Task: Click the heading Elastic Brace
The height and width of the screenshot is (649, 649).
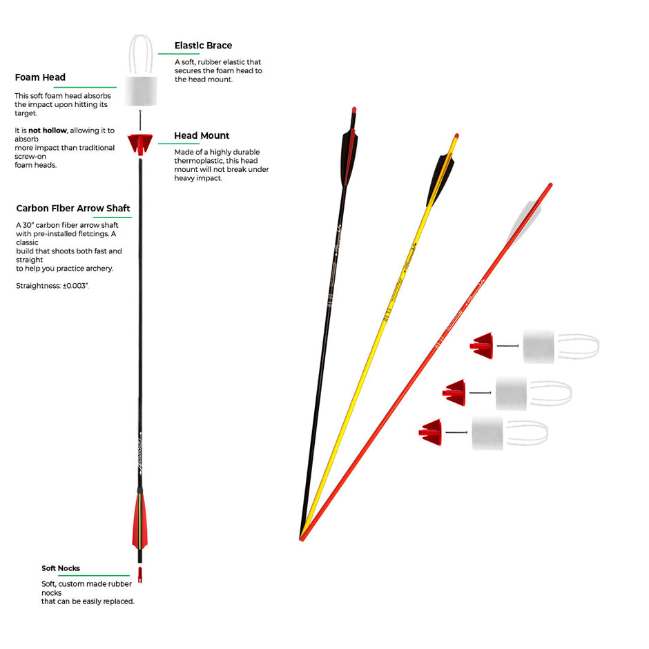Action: [x=203, y=46]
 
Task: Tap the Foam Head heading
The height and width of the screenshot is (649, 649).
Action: [x=40, y=78]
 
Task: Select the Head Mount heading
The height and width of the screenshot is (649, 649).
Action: [x=202, y=136]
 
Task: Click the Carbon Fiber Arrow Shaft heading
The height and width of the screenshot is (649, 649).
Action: [x=73, y=209]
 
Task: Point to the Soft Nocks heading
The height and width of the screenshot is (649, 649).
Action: [x=61, y=568]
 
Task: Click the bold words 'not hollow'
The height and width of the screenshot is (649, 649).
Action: [x=47, y=130]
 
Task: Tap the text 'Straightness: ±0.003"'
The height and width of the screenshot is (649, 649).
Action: [x=52, y=285]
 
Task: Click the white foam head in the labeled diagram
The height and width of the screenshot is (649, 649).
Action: [x=141, y=91]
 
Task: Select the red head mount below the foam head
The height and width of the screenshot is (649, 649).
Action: [x=141, y=145]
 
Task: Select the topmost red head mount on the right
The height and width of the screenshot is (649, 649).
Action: [x=483, y=345]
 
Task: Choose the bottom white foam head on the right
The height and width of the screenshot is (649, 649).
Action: [x=487, y=433]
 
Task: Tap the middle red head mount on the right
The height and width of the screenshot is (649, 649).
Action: [x=456, y=392]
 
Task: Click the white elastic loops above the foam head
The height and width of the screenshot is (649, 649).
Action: [x=141, y=53]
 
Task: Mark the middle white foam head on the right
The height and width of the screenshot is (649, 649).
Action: [x=511, y=393]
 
